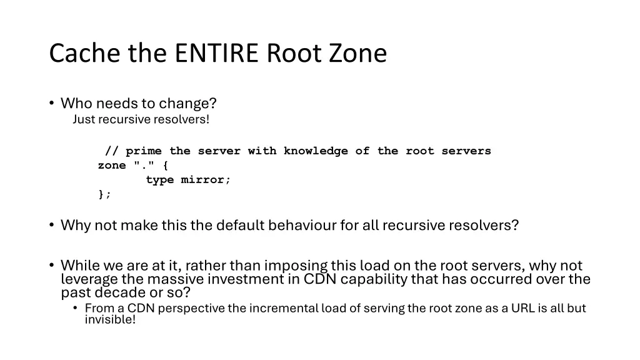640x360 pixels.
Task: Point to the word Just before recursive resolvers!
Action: pyautogui.click(x=82, y=119)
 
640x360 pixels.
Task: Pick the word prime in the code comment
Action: pyautogui.click(x=143, y=151)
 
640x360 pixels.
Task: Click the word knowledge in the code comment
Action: pyautogui.click(x=316, y=151)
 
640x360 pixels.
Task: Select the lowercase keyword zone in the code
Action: pyautogui.click(x=112, y=166)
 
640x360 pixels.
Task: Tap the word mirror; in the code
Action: pyautogui.click(x=206, y=180)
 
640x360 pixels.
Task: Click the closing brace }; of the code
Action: pyautogui.click(x=104, y=194)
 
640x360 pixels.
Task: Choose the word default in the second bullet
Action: pyautogui.click(x=241, y=225)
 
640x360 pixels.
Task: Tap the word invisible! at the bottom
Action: pyautogui.click(x=110, y=320)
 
